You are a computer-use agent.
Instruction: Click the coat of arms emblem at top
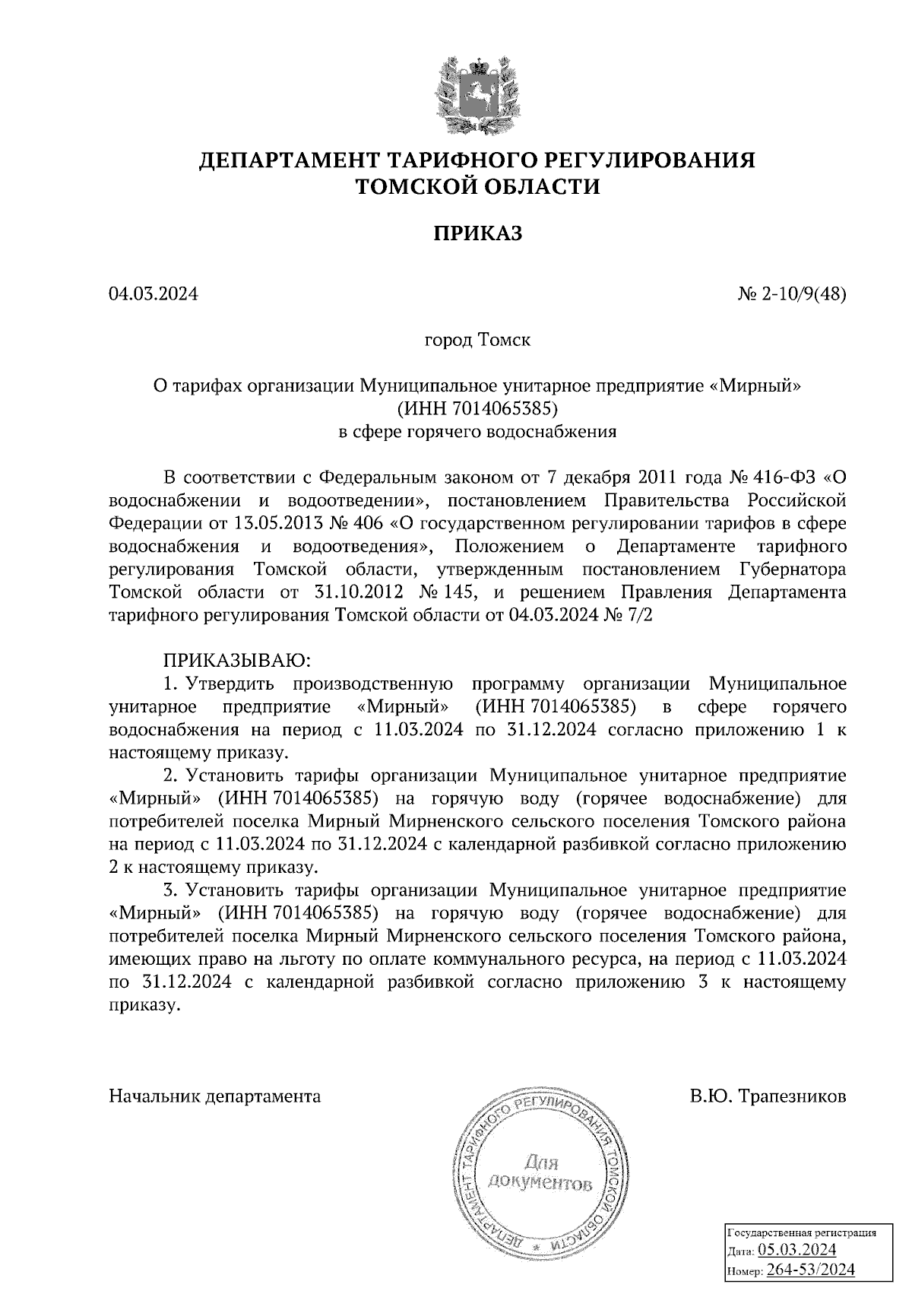(478, 92)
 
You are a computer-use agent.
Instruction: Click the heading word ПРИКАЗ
(478, 233)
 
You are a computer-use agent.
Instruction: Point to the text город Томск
(477, 340)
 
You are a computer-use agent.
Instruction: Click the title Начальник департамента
(215, 1096)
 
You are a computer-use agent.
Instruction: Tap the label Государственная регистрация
(803, 1233)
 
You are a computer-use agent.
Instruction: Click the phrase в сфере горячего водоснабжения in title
(477, 433)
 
